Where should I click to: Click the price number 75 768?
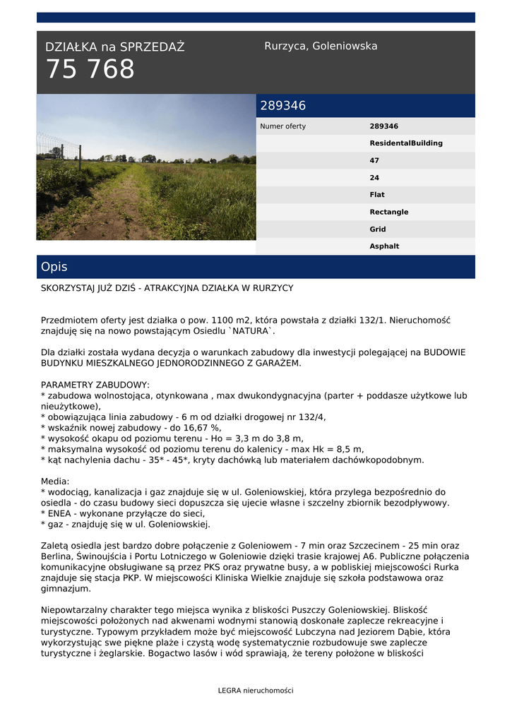point(90,70)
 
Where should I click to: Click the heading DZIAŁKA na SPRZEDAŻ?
point(114,47)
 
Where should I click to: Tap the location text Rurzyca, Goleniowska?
point(321,46)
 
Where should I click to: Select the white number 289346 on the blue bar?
point(282,106)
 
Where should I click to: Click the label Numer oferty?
point(283,126)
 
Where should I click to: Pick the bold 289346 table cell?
point(383,126)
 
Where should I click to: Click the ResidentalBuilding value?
point(406,143)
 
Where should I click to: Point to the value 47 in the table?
point(374,160)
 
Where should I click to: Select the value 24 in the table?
point(374,178)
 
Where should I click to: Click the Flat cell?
point(377,195)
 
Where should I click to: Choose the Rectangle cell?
point(388,212)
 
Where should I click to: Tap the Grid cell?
point(377,229)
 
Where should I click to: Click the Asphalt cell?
point(384,246)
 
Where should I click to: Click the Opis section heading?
point(54,267)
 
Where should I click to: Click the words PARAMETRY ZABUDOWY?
point(95,385)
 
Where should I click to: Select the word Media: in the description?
point(55,481)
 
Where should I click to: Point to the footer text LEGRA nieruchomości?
point(256,691)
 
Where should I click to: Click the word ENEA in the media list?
point(59,513)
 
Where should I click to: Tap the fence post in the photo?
point(62,152)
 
